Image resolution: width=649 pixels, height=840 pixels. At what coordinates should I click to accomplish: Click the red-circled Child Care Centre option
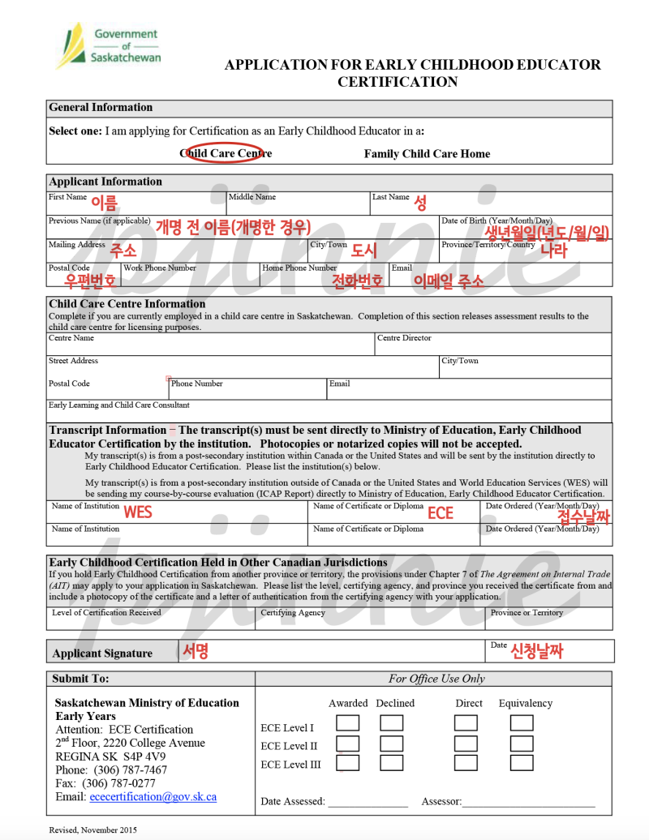pyautogui.click(x=226, y=153)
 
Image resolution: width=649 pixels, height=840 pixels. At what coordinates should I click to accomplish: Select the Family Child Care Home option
pyautogui.click(x=427, y=153)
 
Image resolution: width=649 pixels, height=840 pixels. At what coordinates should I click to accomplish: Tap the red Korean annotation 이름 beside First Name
pyautogui.click(x=104, y=203)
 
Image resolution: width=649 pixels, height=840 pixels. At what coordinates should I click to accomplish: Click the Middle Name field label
pyautogui.click(x=252, y=197)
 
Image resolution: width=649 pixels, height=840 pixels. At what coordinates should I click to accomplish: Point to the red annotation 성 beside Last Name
pyautogui.click(x=420, y=203)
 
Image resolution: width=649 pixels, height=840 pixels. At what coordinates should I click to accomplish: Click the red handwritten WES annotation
pyautogui.click(x=137, y=512)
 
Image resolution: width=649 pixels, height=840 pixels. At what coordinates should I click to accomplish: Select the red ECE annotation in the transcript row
pyautogui.click(x=441, y=512)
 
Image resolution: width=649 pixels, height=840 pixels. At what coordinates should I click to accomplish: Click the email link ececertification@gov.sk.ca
pyautogui.click(x=153, y=796)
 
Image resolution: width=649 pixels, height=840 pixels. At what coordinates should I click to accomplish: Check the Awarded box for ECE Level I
pyautogui.click(x=348, y=722)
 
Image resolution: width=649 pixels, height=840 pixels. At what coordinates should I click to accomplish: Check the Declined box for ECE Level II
pyautogui.click(x=391, y=743)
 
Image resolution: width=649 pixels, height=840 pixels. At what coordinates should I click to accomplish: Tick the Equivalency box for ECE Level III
pyautogui.click(x=522, y=762)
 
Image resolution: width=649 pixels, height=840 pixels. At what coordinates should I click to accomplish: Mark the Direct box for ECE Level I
pyautogui.click(x=466, y=722)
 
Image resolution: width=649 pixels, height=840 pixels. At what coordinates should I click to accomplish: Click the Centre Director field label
pyautogui.click(x=404, y=338)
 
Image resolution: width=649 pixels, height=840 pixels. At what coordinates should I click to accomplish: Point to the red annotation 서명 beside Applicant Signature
pyautogui.click(x=196, y=650)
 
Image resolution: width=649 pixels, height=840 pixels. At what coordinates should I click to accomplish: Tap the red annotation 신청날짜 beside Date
pyautogui.click(x=536, y=649)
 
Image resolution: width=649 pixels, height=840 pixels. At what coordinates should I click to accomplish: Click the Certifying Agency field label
pyautogui.click(x=293, y=613)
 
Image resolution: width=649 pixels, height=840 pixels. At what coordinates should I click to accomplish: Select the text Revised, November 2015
pyautogui.click(x=92, y=829)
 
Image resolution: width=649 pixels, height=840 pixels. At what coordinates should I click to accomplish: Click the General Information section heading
pyautogui.click(x=101, y=107)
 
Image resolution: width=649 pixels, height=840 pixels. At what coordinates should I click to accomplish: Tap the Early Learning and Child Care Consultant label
pyautogui.click(x=118, y=405)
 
